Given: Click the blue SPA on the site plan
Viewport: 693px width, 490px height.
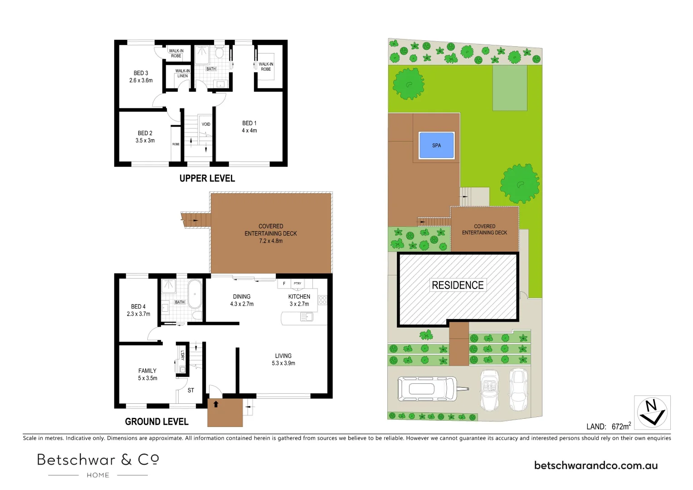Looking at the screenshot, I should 436,145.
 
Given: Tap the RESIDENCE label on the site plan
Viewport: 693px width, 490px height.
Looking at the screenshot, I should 458,285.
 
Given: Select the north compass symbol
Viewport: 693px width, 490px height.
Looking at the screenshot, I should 652,412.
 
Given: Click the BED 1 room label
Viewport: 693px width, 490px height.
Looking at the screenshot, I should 249,123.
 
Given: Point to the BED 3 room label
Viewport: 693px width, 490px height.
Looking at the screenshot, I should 141,73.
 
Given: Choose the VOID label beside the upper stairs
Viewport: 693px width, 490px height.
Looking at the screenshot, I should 206,124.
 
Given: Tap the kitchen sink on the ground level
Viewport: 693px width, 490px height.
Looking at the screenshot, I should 307,317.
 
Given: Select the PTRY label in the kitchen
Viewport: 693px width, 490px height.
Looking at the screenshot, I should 298,283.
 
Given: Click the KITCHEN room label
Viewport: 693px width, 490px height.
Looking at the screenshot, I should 299,296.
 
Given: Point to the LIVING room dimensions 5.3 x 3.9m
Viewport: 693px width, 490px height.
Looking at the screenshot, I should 283,363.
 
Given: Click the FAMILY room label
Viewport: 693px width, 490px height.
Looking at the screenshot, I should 147,371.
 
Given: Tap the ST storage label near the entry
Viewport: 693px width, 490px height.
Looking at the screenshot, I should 191,390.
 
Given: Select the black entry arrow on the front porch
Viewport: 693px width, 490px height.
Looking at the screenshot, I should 216,404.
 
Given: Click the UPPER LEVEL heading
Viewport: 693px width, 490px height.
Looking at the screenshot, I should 207,178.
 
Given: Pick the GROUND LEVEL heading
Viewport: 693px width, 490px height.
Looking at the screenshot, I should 156,421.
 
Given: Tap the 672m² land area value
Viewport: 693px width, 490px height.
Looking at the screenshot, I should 621,426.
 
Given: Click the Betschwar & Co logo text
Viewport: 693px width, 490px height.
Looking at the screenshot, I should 98,460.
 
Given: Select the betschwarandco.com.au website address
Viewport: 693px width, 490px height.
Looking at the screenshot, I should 595,465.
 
